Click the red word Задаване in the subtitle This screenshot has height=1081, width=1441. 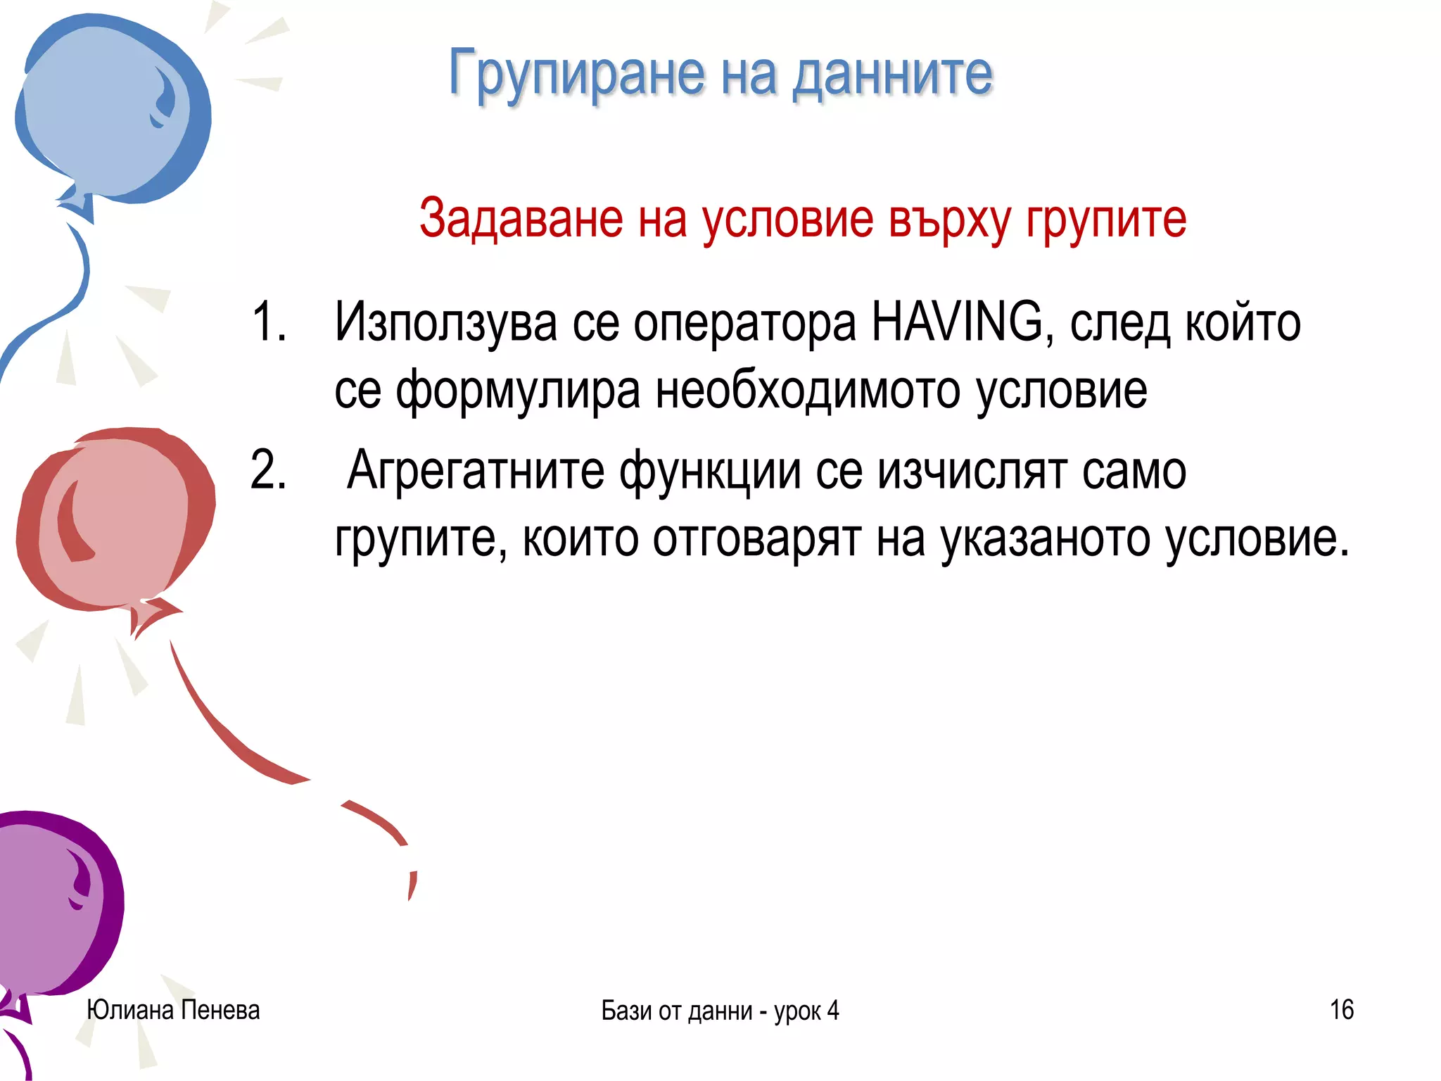click(x=521, y=218)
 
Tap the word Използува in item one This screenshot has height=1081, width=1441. click(x=446, y=322)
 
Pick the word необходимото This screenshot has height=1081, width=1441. click(x=808, y=390)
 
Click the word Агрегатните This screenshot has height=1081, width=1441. click(x=476, y=470)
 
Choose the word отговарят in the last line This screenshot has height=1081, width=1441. click(x=756, y=539)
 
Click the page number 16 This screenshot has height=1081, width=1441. click(x=1341, y=1010)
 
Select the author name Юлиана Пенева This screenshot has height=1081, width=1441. click(x=173, y=1010)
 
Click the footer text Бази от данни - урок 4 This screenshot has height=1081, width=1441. click(x=720, y=1011)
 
